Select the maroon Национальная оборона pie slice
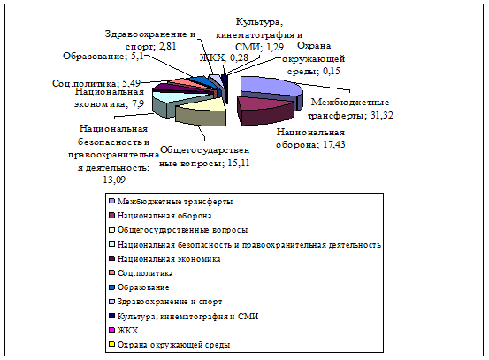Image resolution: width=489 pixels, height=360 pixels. click(x=265, y=109)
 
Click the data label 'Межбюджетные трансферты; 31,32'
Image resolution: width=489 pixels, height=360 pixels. click(x=350, y=109)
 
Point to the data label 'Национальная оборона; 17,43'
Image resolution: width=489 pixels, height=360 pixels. click(x=310, y=139)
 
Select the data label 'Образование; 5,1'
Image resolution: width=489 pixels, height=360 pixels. click(x=103, y=56)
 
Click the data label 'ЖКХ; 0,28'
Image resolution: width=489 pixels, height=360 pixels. click(x=224, y=57)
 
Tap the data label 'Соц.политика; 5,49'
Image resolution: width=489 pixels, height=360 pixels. click(x=96, y=84)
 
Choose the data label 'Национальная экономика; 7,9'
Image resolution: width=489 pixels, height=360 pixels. click(x=109, y=97)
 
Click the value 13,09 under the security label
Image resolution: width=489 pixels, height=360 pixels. click(x=114, y=180)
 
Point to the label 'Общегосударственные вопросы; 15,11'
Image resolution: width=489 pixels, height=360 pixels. click(x=204, y=157)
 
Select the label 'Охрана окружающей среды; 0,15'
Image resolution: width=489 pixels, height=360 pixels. click(x=313, y=58)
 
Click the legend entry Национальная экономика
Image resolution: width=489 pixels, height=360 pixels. click(x=164, y=259)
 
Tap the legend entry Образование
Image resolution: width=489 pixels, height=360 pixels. click(x=139, y=287)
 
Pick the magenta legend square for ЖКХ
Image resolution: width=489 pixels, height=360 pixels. click(x=111, y=330)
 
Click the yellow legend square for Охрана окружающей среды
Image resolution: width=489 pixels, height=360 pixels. click(x=111, y=345)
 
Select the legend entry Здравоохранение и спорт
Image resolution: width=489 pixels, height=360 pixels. click(x=165, y=302)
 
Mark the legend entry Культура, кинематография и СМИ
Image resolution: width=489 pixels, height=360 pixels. click(x=184, y=317)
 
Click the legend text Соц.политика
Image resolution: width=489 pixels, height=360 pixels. click(x=145, y=273)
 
